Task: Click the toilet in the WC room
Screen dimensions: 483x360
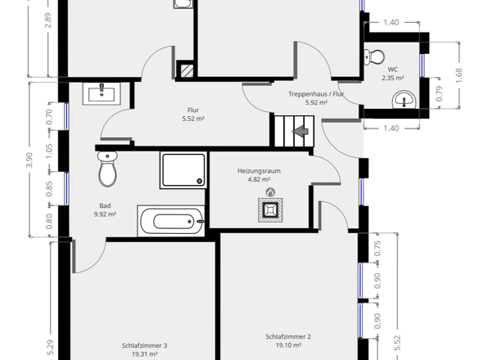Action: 374,57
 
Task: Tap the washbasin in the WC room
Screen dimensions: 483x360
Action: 404,100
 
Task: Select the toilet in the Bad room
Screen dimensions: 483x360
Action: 107,169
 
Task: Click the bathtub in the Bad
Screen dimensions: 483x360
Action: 171,221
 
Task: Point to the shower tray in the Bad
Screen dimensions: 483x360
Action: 183,170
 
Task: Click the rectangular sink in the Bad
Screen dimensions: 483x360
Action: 102,93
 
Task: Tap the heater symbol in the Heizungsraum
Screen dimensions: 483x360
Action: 270,210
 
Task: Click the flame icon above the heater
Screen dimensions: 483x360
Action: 270,192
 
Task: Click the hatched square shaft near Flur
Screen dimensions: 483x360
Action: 187,71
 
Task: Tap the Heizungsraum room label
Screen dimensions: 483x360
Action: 259,171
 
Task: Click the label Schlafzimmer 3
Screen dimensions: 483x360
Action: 144,345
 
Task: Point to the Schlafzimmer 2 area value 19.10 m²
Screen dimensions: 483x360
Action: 288,345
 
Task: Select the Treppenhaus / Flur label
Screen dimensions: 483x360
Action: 316,94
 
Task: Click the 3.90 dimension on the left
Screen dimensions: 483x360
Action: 29,160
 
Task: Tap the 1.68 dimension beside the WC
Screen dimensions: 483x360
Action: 459,75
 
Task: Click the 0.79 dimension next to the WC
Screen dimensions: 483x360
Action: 440,93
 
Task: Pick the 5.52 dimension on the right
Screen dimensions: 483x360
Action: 398,343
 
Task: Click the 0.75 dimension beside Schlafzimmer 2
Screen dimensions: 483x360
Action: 377,248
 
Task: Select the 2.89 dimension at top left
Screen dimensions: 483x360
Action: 48,20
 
